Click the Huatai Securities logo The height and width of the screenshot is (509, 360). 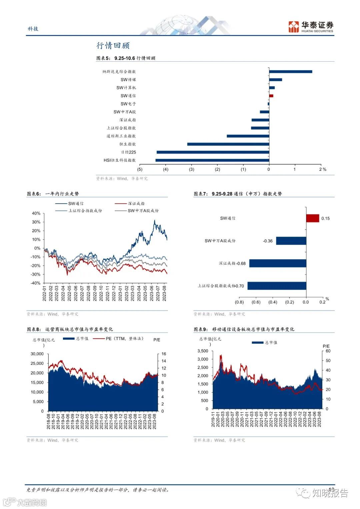click(311, 27)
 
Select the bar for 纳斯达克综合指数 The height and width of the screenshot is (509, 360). click(290, 72)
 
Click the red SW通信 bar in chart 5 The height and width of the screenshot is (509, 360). click(271, 96)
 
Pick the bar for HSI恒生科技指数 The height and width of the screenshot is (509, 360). click(212, 160)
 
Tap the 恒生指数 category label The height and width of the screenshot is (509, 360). click(128, 144)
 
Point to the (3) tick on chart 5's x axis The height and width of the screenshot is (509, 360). click(191, 170)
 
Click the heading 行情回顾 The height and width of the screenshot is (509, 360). click(113, 46)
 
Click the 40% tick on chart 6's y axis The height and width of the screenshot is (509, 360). click(36, 213)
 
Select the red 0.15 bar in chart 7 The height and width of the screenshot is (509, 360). click(313, 218)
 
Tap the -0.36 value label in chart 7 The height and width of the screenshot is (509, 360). click(268, 241)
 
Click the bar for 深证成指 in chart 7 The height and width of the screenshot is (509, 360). click(278, 263)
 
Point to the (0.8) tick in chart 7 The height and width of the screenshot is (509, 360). click(239, 302)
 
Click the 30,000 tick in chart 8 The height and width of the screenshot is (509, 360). click(37, 354)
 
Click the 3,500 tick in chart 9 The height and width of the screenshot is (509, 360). click(203, 351)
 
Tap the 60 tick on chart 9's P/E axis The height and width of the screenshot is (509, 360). click(328, 351)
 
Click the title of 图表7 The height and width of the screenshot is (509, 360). click(238, 194)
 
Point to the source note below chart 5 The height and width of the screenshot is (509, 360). click(122, 179)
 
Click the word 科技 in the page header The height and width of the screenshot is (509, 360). click(33, 29)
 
